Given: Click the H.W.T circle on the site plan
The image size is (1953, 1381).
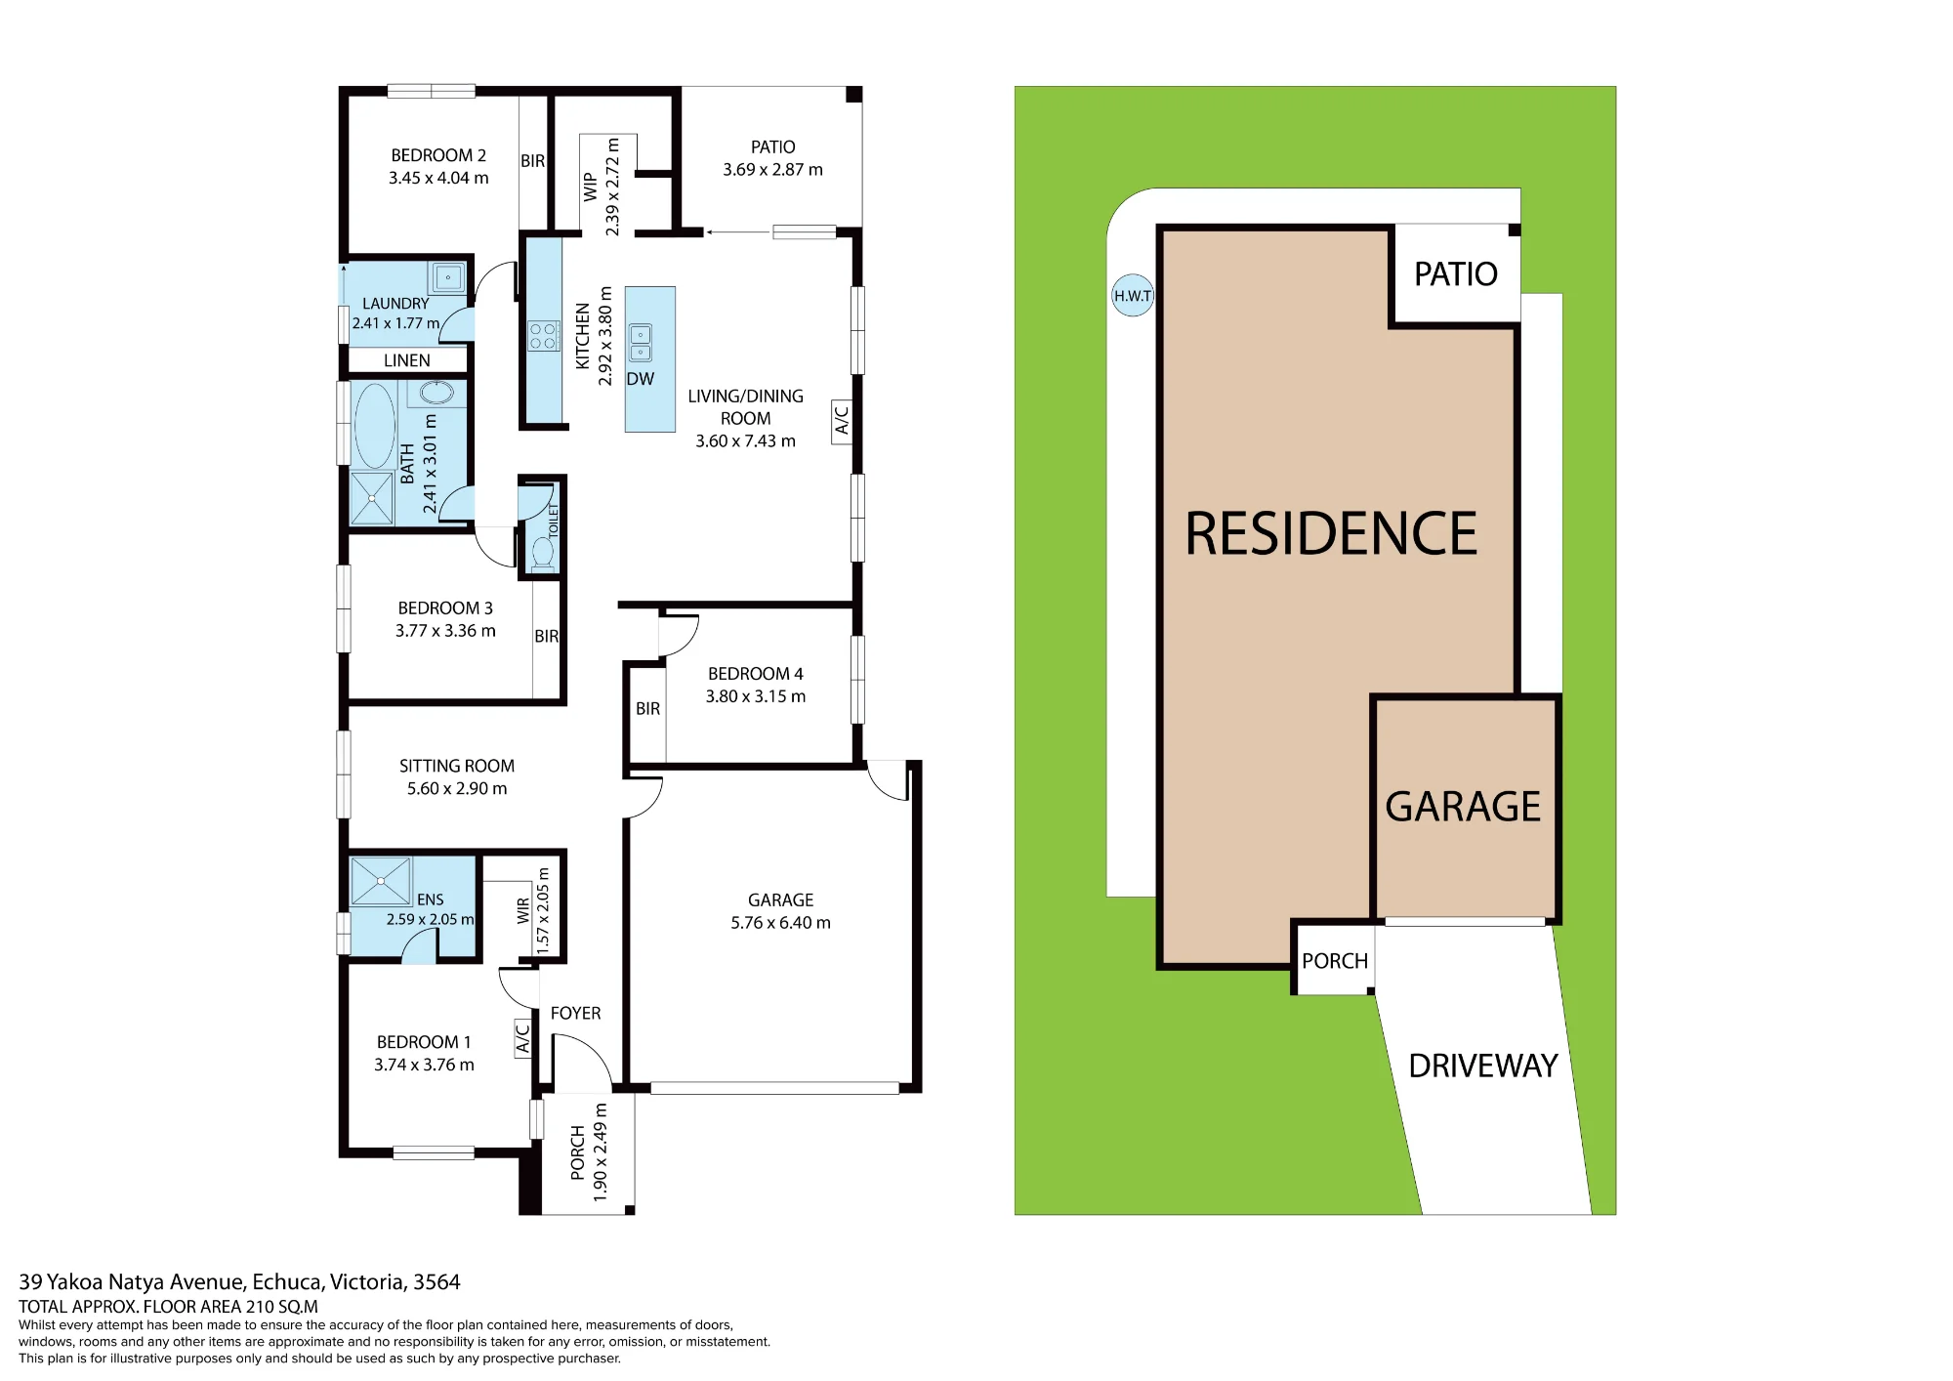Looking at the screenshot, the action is pyautogui.click(x=1133, y=295).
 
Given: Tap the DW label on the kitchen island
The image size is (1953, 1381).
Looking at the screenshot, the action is pyautogui.click(x=641, y=379).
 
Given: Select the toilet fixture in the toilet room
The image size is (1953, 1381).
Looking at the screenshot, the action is pyautogui.click(x=543, y=554).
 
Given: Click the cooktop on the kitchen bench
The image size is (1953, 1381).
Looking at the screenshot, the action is pyautogui.click(x=543, y=337).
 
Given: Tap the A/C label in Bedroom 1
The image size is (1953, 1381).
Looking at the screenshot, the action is pyautogui.click(x=523, y=1038).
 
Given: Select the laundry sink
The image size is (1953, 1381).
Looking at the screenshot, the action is pyautogui.click(x=448, y=277).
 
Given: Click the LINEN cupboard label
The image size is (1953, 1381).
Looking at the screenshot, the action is pyautogui.click(x=407, y=360).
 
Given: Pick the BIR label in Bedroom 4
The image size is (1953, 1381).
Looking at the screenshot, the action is pyautogui.click(x=647, y=709).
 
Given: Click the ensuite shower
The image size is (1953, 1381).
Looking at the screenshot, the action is pyautogui.click(x=381, y=881).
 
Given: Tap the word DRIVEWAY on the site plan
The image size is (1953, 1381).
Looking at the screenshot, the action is pyautogui.click(x=1483, y=1066).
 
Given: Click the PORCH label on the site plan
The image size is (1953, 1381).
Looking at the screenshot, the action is pyautogui.click(x=1335, y=961).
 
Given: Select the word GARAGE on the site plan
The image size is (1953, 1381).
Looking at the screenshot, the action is pyautogui.click(x=1463, y=807).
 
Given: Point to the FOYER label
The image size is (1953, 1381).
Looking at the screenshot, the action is pyautogui.click(x=575, y=1014).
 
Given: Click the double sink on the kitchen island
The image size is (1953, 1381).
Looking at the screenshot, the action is pyautogui.click(x=641, y=343).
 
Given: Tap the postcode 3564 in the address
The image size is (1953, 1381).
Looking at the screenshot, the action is pyautogui.click(x=436, y=1282).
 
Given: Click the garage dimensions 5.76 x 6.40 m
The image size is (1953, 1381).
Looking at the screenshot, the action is pyautogui.click(x=781, y=923).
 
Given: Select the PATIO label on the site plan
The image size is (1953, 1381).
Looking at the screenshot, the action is pyautogui.click(x=1456, y=274).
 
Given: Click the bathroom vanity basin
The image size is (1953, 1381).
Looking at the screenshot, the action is pyautogui.click(x=436, y=393).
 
